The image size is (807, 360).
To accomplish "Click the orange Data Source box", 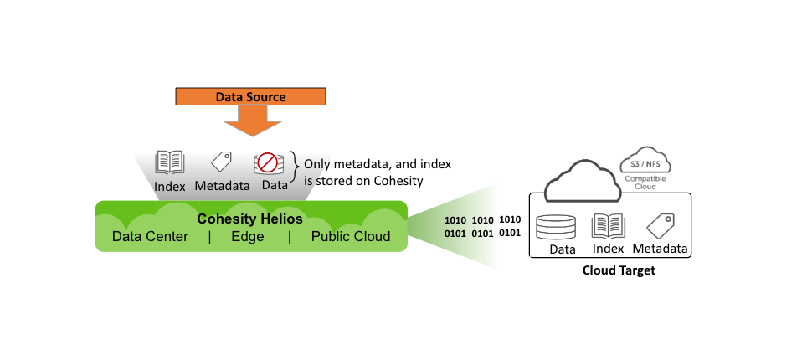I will point(250,97).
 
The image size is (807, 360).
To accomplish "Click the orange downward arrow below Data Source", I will point(250,122).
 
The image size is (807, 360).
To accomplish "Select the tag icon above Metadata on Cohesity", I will point(221,162).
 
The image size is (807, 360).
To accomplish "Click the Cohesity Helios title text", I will point(249,219).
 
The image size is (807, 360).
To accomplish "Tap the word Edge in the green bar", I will point(248,237).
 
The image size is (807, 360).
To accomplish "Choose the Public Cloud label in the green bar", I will point(351,237).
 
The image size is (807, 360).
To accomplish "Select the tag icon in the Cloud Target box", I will point(661,224).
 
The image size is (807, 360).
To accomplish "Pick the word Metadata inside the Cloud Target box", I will point(661,249).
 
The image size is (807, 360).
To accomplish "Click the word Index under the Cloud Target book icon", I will point(609,249).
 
